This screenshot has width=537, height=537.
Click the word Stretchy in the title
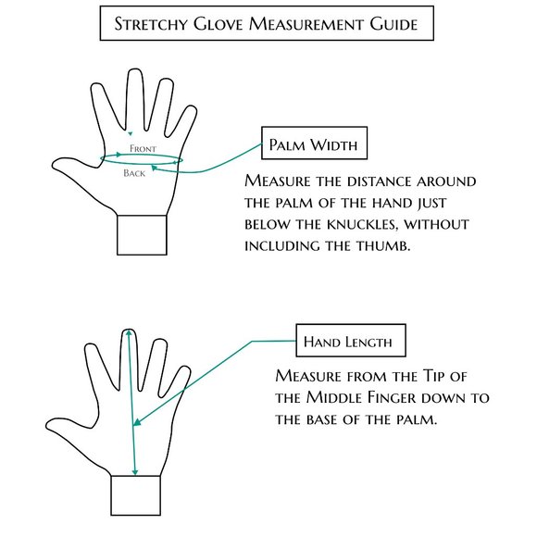click(151, 24)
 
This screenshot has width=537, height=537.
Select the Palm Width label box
click(315, 144)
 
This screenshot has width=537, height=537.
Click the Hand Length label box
click(351, 341)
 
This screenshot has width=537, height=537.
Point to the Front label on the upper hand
click(143, 149)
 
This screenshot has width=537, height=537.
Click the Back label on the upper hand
click(134, 173)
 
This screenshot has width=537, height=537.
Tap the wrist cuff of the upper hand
click(142, 235)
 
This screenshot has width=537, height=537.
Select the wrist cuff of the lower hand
click(135, 495)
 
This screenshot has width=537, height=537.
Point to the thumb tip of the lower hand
click(48, 425)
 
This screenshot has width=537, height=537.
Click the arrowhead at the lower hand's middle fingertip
click(129, 332)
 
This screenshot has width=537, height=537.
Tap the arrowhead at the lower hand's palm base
click(135, 472)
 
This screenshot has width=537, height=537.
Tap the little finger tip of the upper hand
click(191, 110)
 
